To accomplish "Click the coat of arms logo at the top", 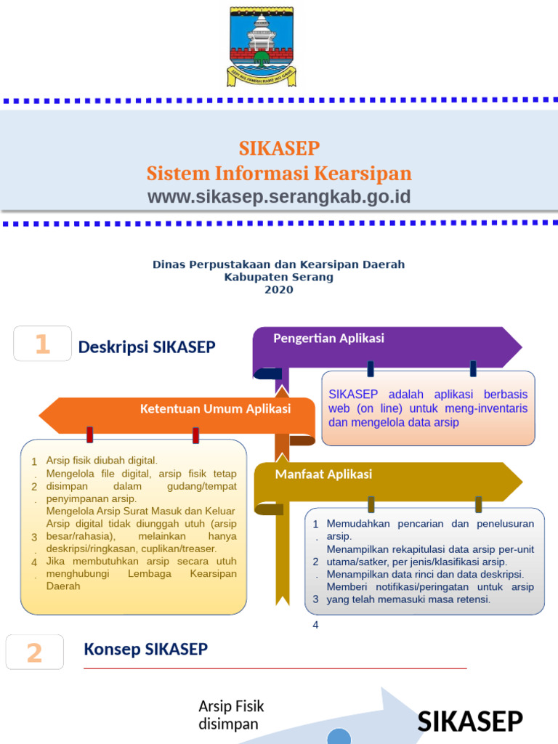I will pos(262,46).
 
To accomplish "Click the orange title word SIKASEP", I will pos(279,148).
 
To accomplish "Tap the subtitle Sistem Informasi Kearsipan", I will pos(279,174).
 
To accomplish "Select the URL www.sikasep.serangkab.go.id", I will pos(279,197).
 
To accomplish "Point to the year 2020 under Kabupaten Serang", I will pos(279,290).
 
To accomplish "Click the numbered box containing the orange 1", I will pos(43,344).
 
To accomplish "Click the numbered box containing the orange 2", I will pos(35,652).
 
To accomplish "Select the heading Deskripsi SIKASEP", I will pos(147,347).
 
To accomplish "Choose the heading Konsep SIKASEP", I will pos(146,649).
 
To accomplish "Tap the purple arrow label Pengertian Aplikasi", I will pos(328,339).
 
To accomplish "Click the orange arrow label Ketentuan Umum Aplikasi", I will pos(215,409).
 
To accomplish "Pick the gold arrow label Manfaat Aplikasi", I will pos(323,474).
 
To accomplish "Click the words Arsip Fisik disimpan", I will pos(231,715).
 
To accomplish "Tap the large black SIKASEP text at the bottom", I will pos(470,721).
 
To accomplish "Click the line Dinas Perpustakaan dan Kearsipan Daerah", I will pos(279,264).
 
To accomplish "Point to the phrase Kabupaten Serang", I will pos(279,277).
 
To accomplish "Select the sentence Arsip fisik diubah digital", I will pos(102,461).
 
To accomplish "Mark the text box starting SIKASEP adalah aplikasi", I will pos(428,408).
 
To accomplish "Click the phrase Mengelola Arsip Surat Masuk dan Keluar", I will pos(141,511).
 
